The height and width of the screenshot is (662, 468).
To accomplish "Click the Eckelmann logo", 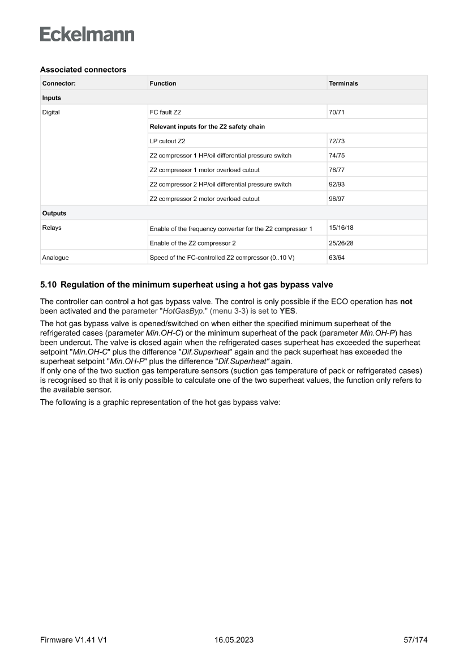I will [87, 35].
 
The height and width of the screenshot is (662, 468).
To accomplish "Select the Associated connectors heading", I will [83, 70].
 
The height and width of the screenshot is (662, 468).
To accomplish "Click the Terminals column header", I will [343, 83].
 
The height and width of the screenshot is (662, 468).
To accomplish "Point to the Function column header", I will [163, 83].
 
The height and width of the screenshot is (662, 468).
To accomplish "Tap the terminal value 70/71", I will [337, 112].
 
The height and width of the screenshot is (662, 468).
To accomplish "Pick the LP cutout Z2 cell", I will [168, 141].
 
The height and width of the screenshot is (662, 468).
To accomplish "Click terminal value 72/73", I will [337, 141].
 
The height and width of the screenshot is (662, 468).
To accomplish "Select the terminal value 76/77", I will [337, 170].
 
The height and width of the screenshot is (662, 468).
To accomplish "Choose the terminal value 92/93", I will [337, 184].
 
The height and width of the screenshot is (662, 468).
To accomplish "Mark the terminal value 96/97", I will [337, 199].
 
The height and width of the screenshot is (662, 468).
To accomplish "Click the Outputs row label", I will [54, 213].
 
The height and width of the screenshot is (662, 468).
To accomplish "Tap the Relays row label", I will [52, 228].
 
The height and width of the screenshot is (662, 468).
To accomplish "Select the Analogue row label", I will [55, 258].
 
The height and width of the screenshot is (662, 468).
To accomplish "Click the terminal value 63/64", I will [337, 258].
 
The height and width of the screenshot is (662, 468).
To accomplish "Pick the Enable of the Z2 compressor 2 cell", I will [192, 243].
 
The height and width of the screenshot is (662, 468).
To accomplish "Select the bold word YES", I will [288, 310].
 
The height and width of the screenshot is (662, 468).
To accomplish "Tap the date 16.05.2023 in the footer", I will [234, 640].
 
